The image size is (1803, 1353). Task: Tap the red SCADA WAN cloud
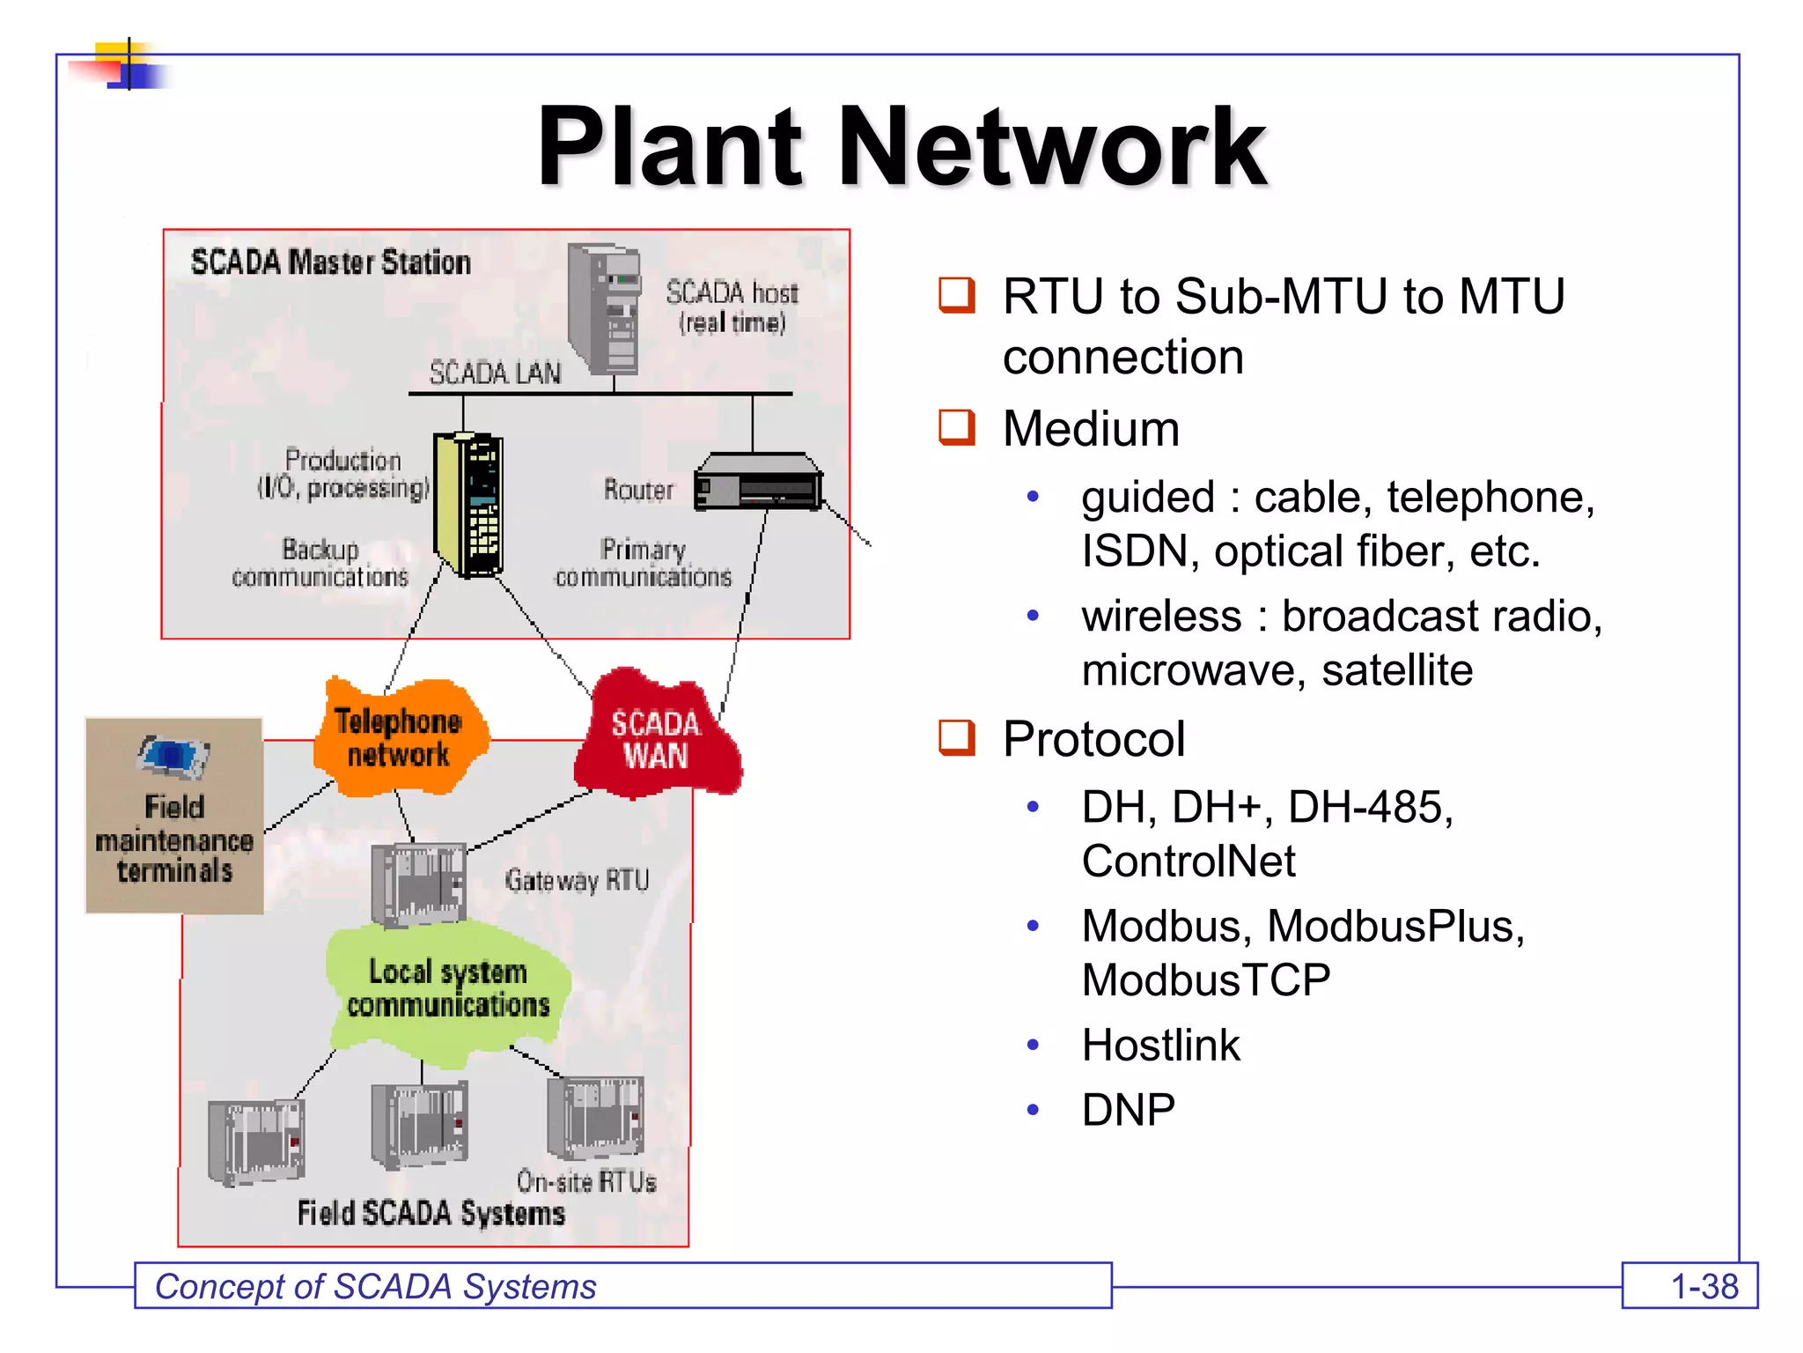tap(656, 738)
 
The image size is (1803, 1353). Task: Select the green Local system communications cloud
tap(447, 988)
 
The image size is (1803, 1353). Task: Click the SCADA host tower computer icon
tap(605, 308)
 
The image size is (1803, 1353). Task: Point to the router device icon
tap(758, 482)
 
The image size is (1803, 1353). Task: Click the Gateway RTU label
tap(577, 880)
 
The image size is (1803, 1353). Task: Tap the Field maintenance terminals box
tap(174, 816)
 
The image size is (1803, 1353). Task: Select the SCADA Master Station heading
tap(330, 262)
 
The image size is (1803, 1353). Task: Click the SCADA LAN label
tap(495, 373)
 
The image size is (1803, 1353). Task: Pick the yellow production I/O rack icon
tap(469, 504)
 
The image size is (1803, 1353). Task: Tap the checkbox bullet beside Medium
tap(957, 427)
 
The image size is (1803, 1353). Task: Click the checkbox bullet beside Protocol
tap(957, 737)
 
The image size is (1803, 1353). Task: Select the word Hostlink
tap(1160, 1046)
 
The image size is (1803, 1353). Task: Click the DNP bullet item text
tap(1128, 1110)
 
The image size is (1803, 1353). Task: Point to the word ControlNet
tap(1189, 861)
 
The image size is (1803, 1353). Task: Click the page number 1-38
tap(1704, 1287)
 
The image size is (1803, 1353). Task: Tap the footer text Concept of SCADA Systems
tap(376, 1287)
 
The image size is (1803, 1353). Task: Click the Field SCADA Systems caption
tap(431, 1213)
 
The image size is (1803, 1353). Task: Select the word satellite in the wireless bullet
tap(1396, 670)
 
